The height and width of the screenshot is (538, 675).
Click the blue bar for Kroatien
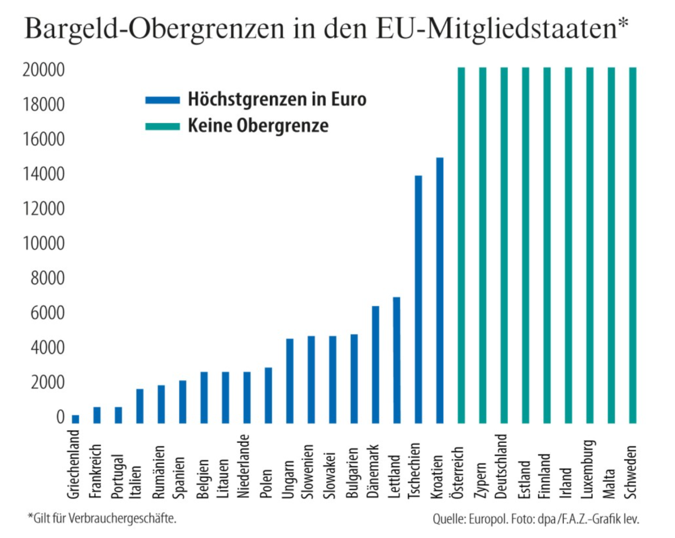pos(440,290)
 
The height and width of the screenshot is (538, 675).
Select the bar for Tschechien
pos(418,299)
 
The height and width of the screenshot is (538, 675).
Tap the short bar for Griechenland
pos(75,419)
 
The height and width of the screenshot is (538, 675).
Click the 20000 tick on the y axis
pos(43,70)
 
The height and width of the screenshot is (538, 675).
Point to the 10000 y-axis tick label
pos(43,244)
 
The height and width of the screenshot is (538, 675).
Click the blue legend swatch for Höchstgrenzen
pos(162,100)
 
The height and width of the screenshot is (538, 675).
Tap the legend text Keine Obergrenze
pos(258,125)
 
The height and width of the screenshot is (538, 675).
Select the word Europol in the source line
pos(490,518)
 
